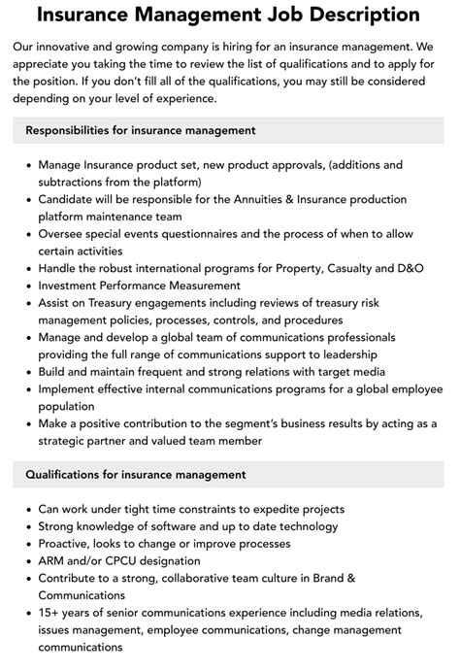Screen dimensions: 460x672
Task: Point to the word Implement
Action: tap(72, 389)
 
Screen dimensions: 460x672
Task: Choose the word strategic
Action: tap(74, 441)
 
